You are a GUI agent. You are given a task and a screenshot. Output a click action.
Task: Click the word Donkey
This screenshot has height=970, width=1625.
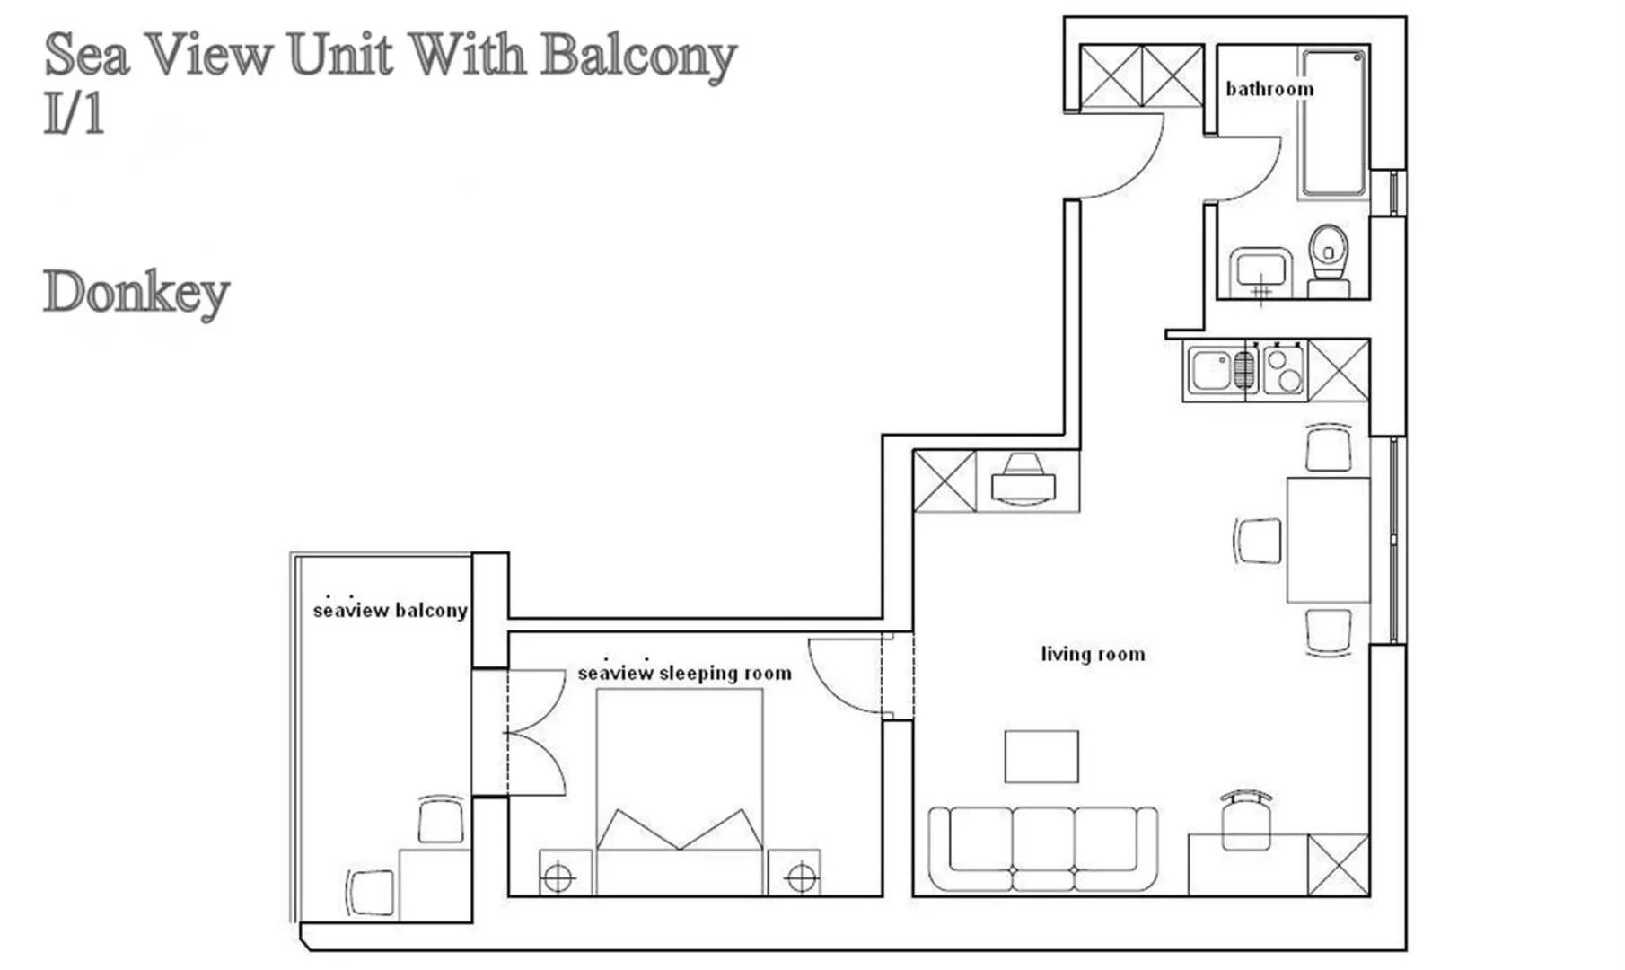(x=136, y=293)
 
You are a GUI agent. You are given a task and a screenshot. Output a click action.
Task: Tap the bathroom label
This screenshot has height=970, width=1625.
(x=1269, y=89)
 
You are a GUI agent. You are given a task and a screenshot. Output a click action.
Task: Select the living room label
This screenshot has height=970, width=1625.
(x=1093, y=654)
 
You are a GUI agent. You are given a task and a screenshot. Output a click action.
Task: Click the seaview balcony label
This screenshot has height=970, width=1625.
(x=390, y=611)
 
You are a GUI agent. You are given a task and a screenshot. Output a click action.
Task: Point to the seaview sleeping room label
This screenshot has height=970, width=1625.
(x=684, y=673)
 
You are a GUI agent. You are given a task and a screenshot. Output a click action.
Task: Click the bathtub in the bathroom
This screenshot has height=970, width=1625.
(x=1334, y=123)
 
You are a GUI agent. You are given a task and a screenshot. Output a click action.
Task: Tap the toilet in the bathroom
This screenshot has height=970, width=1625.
(x=1329, y=257)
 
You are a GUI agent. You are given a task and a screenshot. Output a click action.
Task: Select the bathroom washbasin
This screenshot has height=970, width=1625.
(x=1260, y=269)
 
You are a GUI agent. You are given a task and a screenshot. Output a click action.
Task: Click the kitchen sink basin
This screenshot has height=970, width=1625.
(x=1211, y=370)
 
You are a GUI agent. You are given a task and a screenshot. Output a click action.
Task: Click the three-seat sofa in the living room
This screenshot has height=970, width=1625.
(x=1042, y=847)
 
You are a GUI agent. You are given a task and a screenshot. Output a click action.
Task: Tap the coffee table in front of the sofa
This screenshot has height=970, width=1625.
(x=1041, y=756)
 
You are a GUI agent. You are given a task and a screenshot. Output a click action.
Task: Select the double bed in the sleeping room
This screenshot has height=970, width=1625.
(x=680, y=790)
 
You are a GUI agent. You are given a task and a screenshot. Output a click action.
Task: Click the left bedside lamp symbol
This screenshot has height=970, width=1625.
(x=558, y=877)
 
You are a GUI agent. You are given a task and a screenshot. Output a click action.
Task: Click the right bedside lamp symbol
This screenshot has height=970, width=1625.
(x=801, y=877)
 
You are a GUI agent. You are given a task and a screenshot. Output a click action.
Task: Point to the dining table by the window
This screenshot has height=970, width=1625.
(x=1328, y=539)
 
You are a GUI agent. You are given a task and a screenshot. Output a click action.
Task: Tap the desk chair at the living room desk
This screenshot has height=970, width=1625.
(x=1246, y=819)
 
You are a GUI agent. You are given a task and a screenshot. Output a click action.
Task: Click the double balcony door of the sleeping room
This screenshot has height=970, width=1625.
(x=534, y=733)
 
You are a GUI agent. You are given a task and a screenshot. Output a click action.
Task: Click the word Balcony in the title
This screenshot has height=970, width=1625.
(x=638, y=56)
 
